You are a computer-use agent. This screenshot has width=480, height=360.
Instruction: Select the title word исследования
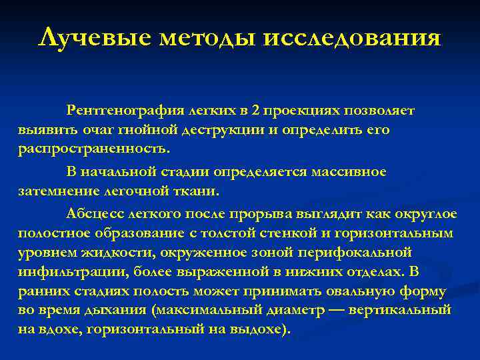point(352,37)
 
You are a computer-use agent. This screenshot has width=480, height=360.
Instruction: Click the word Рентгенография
point(125,109)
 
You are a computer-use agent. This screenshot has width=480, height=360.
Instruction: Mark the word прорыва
point(256,213)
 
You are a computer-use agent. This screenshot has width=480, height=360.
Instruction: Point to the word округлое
point(422,213)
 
